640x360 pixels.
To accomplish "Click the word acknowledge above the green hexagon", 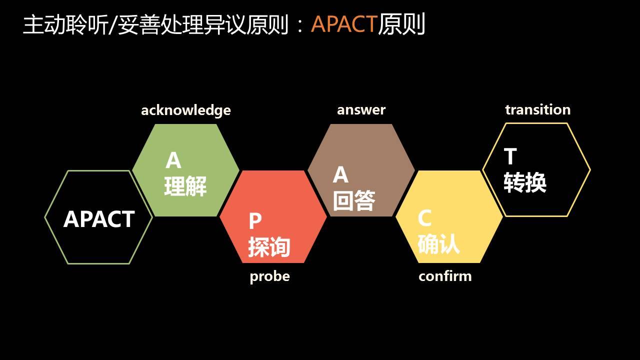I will [x=185, y=110].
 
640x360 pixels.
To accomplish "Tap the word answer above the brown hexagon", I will [x=361, y=109].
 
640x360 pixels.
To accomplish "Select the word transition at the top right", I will [x=537, y=109].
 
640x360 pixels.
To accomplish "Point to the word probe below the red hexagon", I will [x=269, y=276].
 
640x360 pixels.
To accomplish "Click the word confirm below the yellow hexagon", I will [x=445, y=276].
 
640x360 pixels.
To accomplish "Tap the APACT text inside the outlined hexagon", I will [x=99, y=219].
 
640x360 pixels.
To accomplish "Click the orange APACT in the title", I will [x=343, y=24].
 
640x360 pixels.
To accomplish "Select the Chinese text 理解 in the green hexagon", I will [x=185, y=186].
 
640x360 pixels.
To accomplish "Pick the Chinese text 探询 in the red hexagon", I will [x=269, y=247].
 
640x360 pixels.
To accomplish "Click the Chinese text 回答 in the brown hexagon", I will [x=354, y=200].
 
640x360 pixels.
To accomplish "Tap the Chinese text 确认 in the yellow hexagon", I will [x=438, y=244].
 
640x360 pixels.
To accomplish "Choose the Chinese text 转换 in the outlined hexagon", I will [x=524, y=182].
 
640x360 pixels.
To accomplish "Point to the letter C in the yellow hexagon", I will [x=424, y=218].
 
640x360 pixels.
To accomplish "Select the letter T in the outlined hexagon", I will [x=510, y=157].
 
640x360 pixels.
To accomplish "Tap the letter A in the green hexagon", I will [x=173, y=160].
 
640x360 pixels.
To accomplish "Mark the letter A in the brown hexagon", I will [x=340, y=175].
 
